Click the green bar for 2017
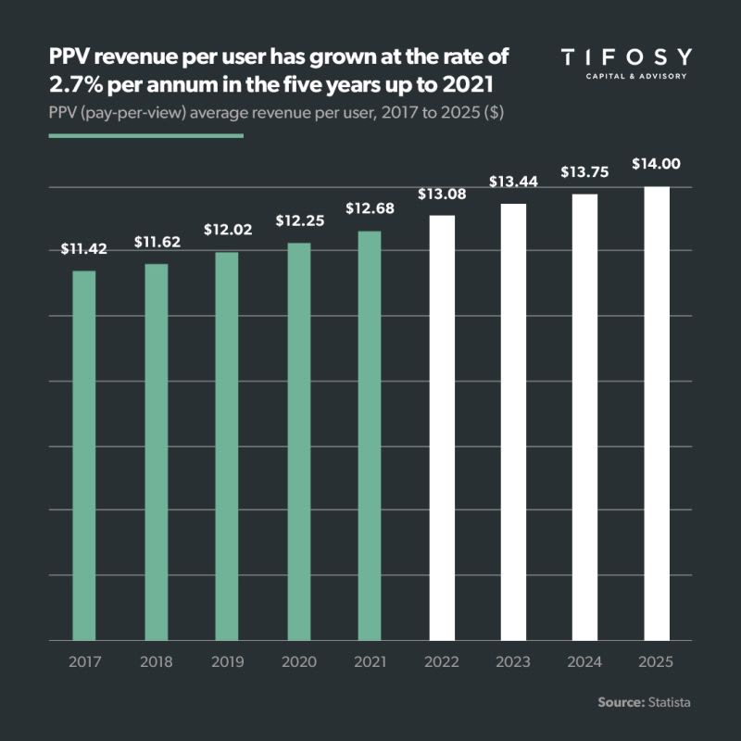click(84, 455)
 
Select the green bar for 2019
click(227, 446)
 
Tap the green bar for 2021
click(370, 435)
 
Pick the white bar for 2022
click(442, 427)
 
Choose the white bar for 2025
click(656, 413)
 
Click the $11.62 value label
click(157, 244)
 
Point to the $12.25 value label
click(298, 221)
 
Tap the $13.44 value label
click(513, 182)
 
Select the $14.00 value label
click(656, 164)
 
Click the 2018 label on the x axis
click(157, 663)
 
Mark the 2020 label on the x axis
click(298, 663)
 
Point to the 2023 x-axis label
click(513, 663)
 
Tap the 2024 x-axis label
click(584, 663)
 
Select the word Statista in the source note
click(668, 703)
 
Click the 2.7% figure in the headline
click(73, 86)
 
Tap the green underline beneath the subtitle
click(145, 135)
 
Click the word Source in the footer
click(620, 703)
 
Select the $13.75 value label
click(584, 172)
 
